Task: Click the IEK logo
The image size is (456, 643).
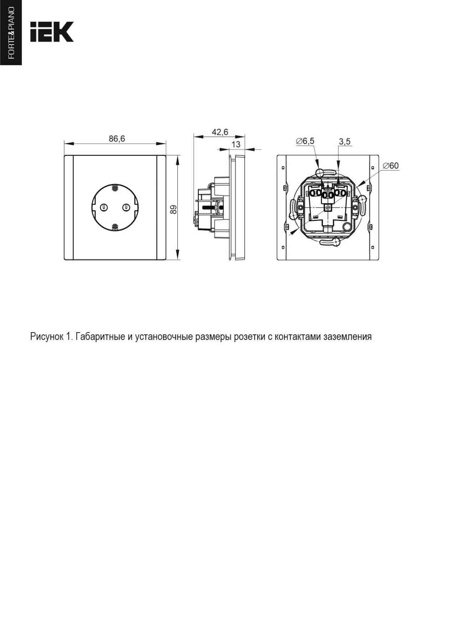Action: point(52,32)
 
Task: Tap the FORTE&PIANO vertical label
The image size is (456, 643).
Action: point(11,32)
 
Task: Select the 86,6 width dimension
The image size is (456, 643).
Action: point(117,139)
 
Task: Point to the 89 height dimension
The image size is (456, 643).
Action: point(173,209)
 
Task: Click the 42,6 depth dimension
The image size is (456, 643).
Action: point(220,132)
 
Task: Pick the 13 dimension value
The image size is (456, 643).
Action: point(236,144)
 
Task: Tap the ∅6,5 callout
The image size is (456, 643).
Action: point(305,141)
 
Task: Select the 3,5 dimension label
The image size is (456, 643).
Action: point(344,142)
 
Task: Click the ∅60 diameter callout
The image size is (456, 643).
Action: point(390,166)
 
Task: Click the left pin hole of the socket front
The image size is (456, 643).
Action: point(104,207)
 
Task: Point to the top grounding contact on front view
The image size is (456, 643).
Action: point(115,187)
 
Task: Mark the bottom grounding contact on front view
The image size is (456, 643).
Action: point(115,227)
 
